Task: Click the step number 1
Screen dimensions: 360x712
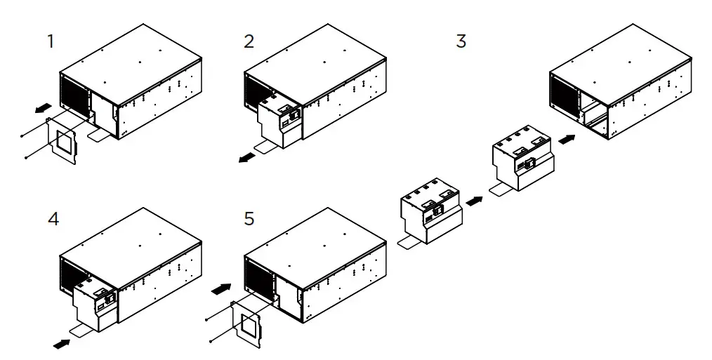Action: click(51, 41)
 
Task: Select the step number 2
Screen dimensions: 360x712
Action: click(249, 41)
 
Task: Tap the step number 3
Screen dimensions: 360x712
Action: click(461, 41)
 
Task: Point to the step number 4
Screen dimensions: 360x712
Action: click(53, 219)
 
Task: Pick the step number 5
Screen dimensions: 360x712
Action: click(249, 219)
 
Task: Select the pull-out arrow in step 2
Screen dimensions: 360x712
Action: click(246, 159)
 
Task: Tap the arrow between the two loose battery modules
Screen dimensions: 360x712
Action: click(475, 201)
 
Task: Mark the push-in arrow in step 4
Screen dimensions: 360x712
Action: click(62, 344)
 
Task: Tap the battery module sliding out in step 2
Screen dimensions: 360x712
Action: click(282, 121)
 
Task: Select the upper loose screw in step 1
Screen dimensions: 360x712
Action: click(23, 134)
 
